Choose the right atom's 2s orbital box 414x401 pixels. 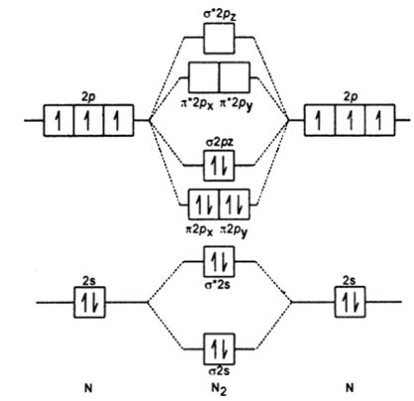coord(346,302)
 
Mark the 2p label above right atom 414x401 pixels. coord(345,99)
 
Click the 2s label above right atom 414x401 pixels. coord(346,281)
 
